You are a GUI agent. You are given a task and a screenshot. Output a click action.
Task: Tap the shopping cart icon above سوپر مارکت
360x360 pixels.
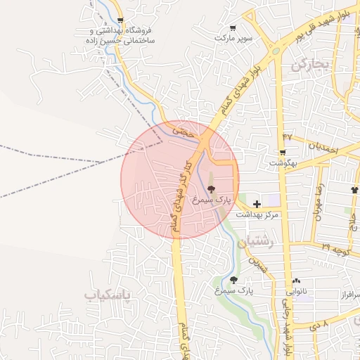[232, 28]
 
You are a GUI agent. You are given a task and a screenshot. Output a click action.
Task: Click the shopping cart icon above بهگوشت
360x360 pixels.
[282, 153]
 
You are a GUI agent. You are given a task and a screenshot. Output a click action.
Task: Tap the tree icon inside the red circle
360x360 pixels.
[212, 189]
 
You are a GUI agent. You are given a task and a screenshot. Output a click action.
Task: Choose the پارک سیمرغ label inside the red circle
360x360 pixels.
[214, 200]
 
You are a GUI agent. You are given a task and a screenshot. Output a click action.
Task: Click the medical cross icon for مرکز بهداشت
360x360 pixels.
[257, 203]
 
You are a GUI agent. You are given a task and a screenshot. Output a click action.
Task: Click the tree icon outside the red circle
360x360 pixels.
[233, 279]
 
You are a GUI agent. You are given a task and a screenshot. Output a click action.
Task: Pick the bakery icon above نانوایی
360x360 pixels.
[295, 280]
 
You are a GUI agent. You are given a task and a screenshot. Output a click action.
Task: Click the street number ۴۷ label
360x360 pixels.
[288, 135]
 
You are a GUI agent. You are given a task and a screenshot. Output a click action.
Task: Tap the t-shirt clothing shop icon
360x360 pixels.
[354, 191]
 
